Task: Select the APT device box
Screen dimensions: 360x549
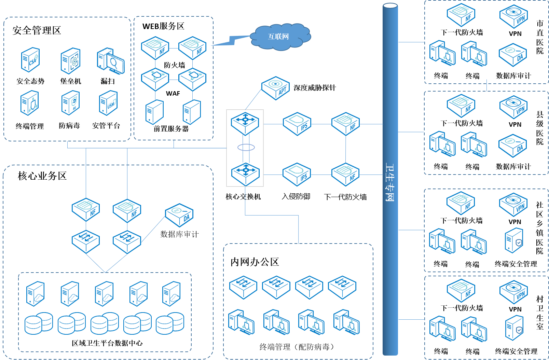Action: tap(276, 88)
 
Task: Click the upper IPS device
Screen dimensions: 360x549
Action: tap(297, 124)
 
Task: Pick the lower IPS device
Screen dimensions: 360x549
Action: tap(297, 174)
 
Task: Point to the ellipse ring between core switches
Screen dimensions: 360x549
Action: tap(246, 148)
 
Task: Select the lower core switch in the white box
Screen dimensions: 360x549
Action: tap(245, 174)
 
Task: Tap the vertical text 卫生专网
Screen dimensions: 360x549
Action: tap(390, 183)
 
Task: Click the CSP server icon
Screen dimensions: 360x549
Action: tap(30, 60)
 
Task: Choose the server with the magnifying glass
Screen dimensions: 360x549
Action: tap(111, 61)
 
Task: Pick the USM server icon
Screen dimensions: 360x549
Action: tap(108, 103)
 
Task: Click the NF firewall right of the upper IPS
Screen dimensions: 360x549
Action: tap(345, 124)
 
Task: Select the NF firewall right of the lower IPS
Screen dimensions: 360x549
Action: tap(345, 175)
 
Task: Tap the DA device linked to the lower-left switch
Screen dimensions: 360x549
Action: tap(179, 215)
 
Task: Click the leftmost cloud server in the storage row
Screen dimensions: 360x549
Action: tap(36, 294)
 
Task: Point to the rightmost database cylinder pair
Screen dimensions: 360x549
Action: tap(170, 323)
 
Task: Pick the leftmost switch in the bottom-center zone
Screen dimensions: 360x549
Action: tap(243, 287)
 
